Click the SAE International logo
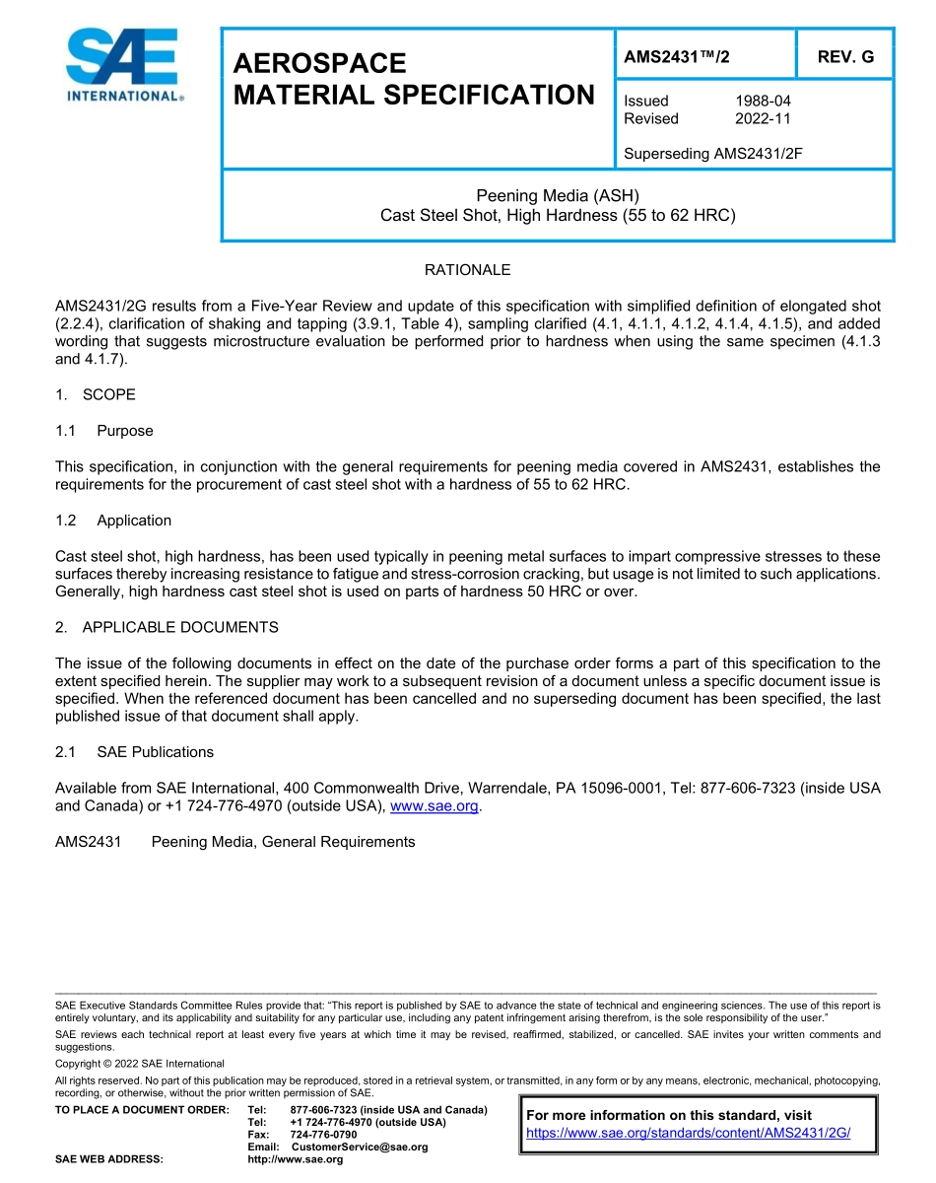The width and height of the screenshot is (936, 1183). pos(123,65)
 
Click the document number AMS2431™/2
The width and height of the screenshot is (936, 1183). pos(677,57)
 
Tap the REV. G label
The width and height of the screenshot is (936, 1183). pos(845,57)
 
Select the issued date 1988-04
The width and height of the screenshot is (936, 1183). pos(763,101)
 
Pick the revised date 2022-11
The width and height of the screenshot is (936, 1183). pos(763,118)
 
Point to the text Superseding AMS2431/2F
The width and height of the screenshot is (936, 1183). pos(713,154)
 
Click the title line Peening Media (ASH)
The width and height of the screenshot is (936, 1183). pos(558,195)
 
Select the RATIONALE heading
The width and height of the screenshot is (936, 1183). pos(467,270)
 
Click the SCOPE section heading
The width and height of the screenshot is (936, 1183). pos(108,394)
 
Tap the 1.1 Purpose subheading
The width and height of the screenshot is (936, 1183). pos(124,431)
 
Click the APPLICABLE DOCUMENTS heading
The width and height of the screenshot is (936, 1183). pos(179,627)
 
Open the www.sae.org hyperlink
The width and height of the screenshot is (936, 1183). pos(435,806)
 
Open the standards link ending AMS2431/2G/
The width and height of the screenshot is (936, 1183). pos(688,1133)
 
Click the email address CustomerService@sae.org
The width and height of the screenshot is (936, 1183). pos(360,1147)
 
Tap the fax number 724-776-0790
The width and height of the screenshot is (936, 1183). pos(323,1135)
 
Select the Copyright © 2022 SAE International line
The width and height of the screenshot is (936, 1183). pos(140,1064)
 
